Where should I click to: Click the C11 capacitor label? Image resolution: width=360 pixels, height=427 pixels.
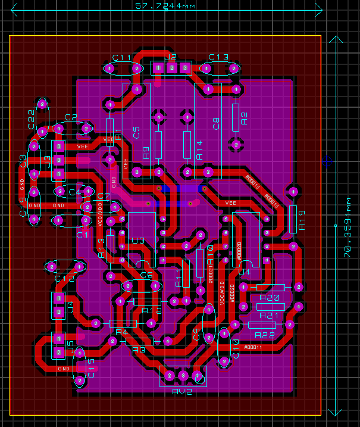pos(122,57)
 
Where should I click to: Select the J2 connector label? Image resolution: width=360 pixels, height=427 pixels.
pos(171,57)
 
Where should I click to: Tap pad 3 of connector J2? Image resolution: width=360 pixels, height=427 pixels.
pos(185,68)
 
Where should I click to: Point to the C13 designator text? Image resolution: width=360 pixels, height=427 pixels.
pos(218,57)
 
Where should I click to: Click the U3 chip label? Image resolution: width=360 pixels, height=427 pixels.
pos(138,241)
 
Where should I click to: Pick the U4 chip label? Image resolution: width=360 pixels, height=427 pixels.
pos(244,272)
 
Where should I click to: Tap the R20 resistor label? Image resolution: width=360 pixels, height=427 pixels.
pos(270,298)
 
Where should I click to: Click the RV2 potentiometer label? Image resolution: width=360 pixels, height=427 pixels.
pos(182,391)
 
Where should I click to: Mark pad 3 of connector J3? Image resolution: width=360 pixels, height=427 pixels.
pos(59,146)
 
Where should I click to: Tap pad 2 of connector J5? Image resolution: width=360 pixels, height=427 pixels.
pos(58,353)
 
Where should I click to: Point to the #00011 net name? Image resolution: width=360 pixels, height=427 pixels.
pos(253,347)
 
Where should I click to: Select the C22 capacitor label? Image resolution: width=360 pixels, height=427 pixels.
pos(31,119)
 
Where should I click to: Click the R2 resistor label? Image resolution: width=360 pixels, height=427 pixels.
pos(244,119)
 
